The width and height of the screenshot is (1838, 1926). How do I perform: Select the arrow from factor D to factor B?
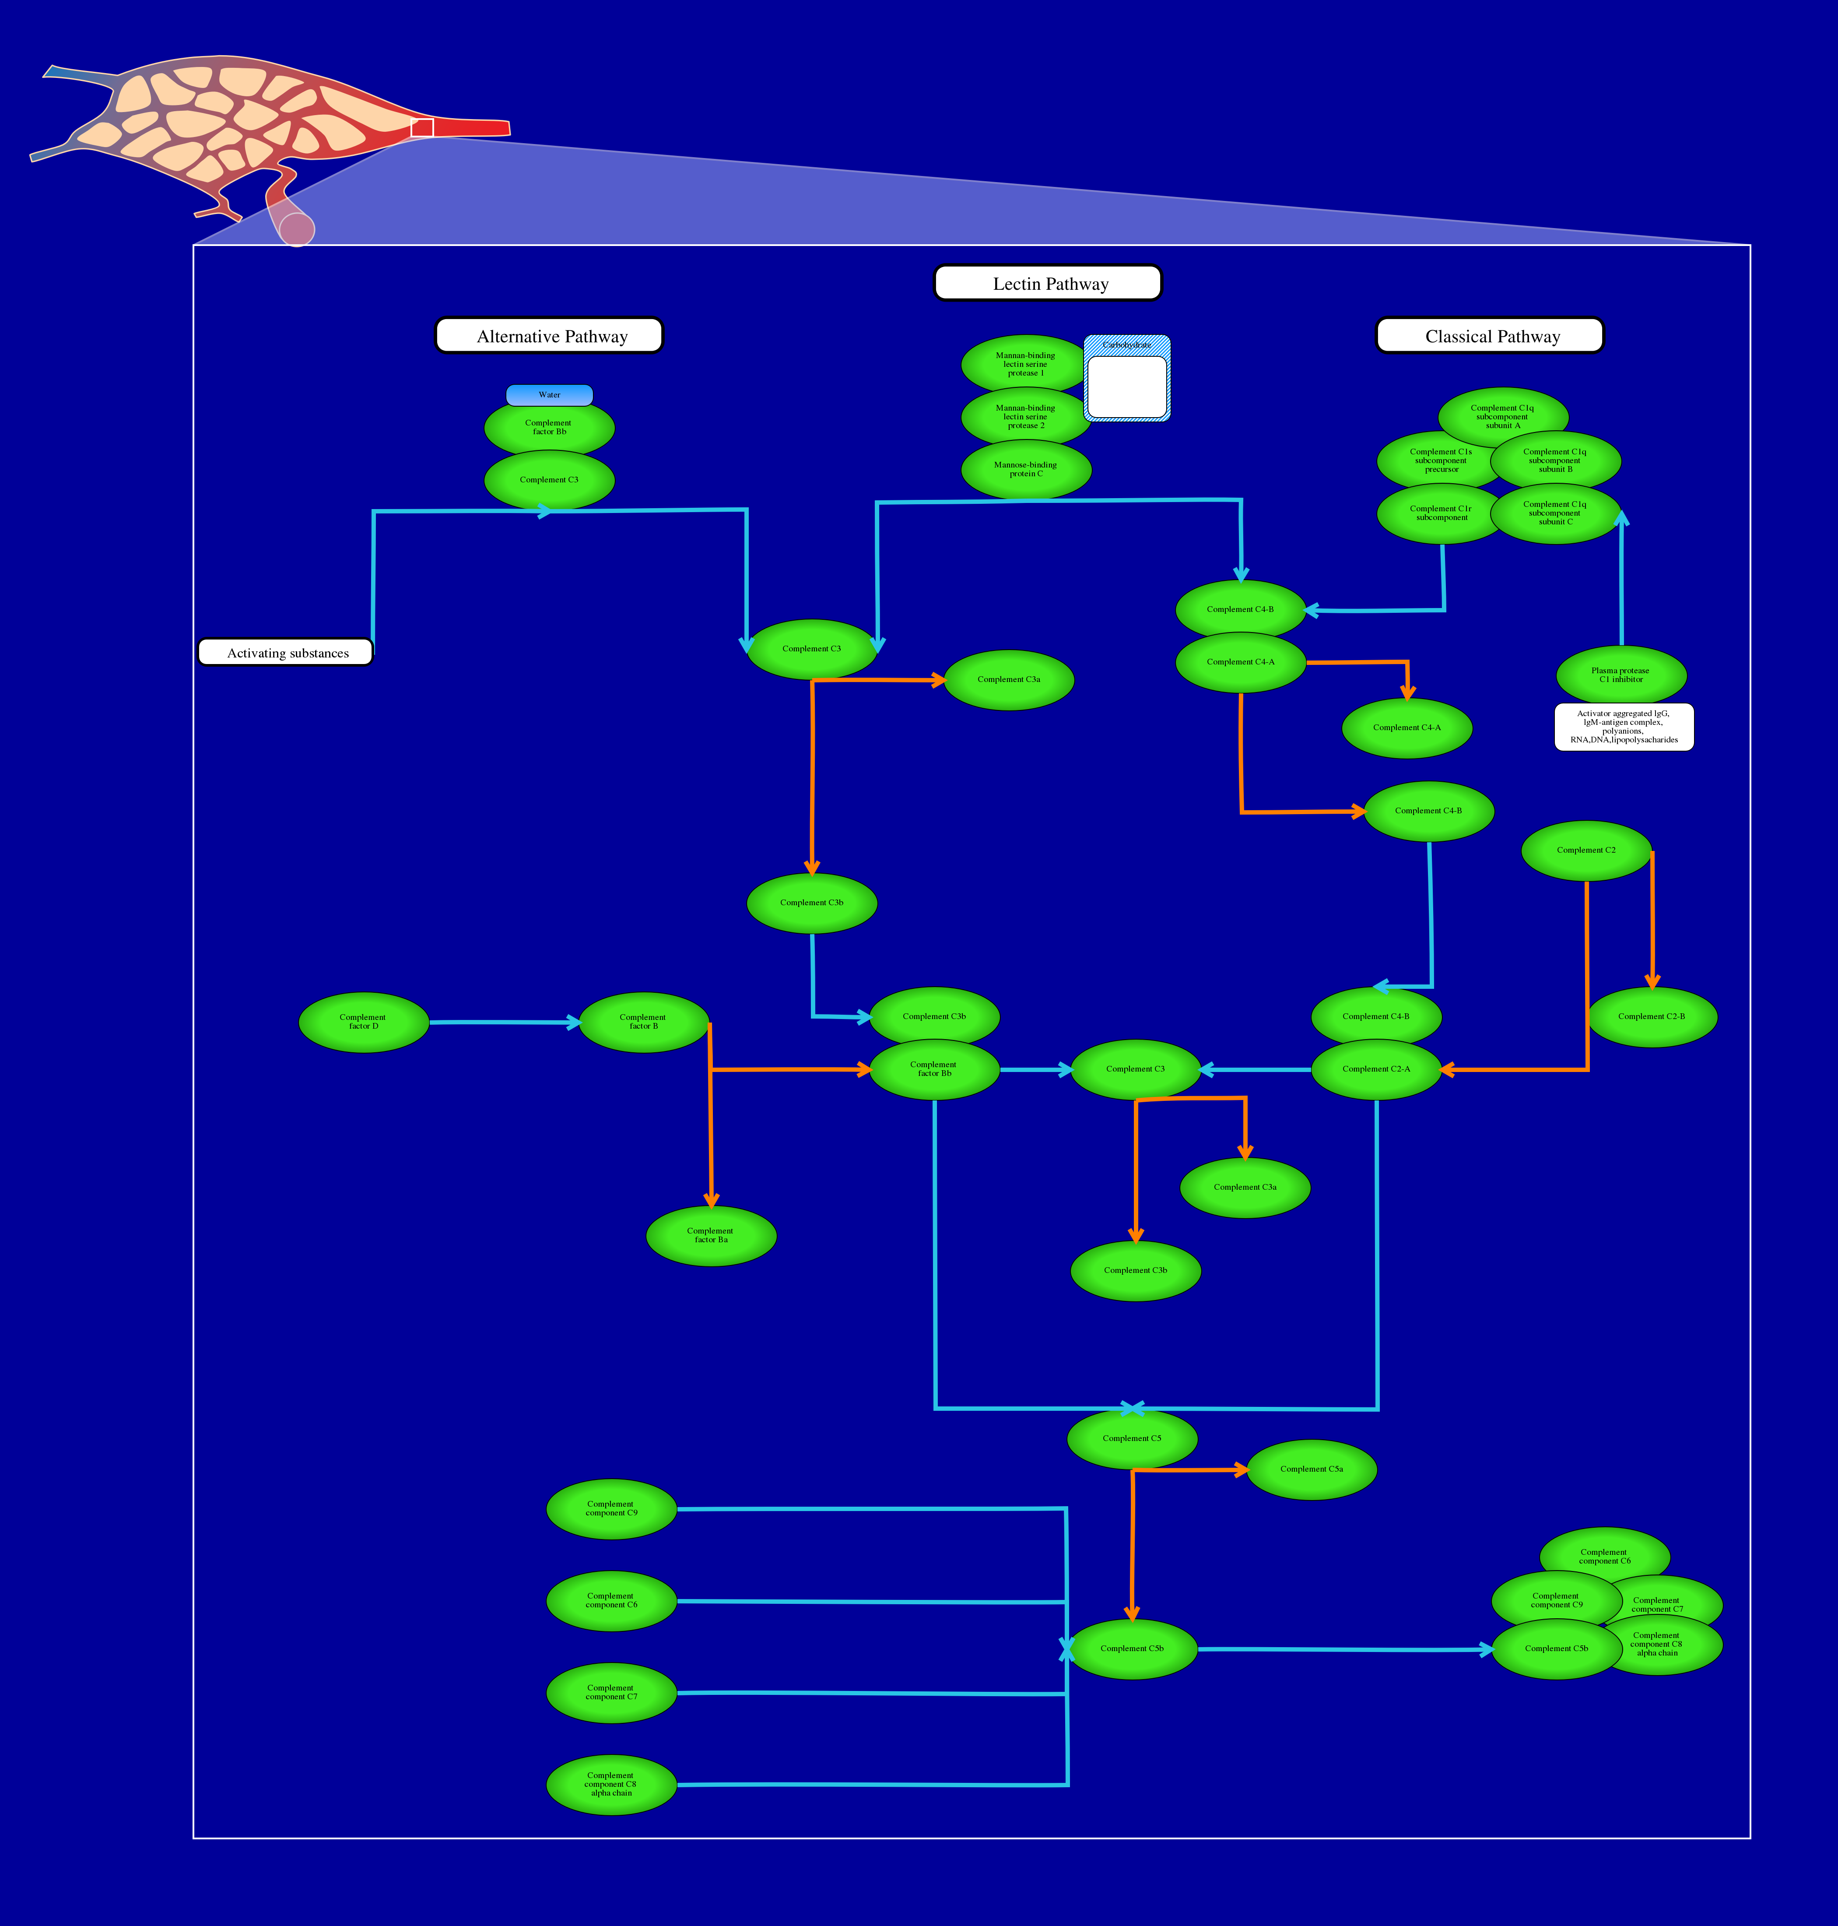pyautogui.click(x=505, y=1022)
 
